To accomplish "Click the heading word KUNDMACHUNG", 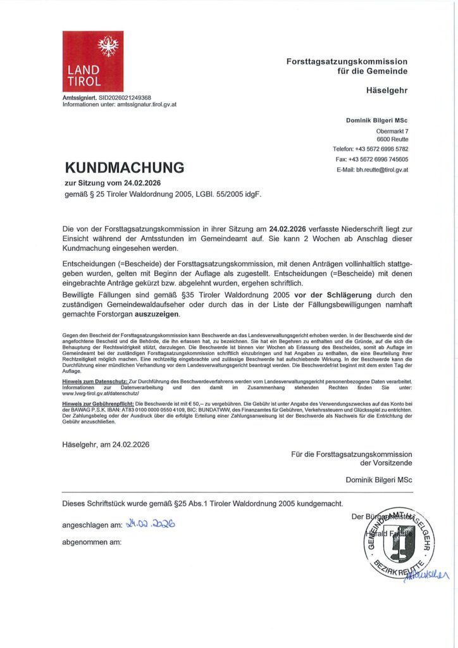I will coord(125,168).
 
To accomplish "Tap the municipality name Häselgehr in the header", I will coord(387,90).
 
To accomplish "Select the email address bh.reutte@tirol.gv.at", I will coord(373,170).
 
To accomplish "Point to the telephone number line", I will coord(371,149).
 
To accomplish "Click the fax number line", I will coord(372,159).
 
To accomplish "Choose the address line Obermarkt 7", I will coord(392,130).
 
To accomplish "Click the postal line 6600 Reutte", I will coord(392,139).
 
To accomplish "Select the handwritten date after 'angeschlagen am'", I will coord(151,524).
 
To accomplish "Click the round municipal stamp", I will coord(400,544).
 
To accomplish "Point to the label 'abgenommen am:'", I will coord(92,542).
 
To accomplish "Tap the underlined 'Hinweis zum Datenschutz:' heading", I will coord(95,382).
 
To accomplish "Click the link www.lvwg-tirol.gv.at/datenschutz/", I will coord(102,393).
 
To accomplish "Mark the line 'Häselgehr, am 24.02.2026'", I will coord(106,444).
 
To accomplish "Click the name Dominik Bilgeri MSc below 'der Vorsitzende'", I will coord(379,480).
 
